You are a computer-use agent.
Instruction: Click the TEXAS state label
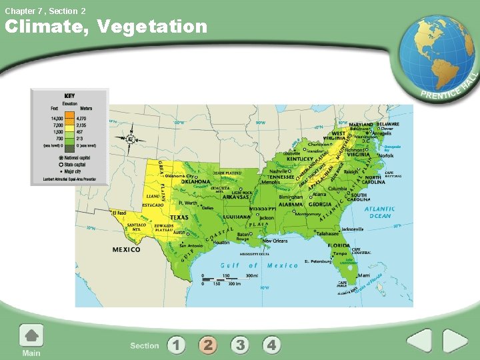(x=179, y=217)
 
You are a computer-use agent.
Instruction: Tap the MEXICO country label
(x=126, y=249)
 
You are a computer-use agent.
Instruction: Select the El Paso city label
(x=119, y=213)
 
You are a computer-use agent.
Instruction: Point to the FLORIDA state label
(x=339, y=245)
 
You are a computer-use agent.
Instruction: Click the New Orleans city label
(x=275, y=241)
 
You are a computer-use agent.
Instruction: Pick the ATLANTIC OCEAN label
(x=379, y=212)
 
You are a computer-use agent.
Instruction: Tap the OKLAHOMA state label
(x=195, y=181)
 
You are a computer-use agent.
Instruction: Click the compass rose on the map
(x=129, y=139)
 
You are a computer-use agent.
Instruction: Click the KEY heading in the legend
(x=69, y=95)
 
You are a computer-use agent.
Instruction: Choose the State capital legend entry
(x=74, y=164)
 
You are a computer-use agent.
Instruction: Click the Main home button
(x=31, y=340)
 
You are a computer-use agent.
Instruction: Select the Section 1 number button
(x=176, y=345)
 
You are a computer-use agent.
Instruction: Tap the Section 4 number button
(x=271, y=345)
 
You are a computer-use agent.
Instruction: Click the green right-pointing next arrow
(x=455, y=341)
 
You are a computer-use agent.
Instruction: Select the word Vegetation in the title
(x=153, y=27)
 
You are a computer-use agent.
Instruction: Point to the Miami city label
(x=363, y=275)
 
